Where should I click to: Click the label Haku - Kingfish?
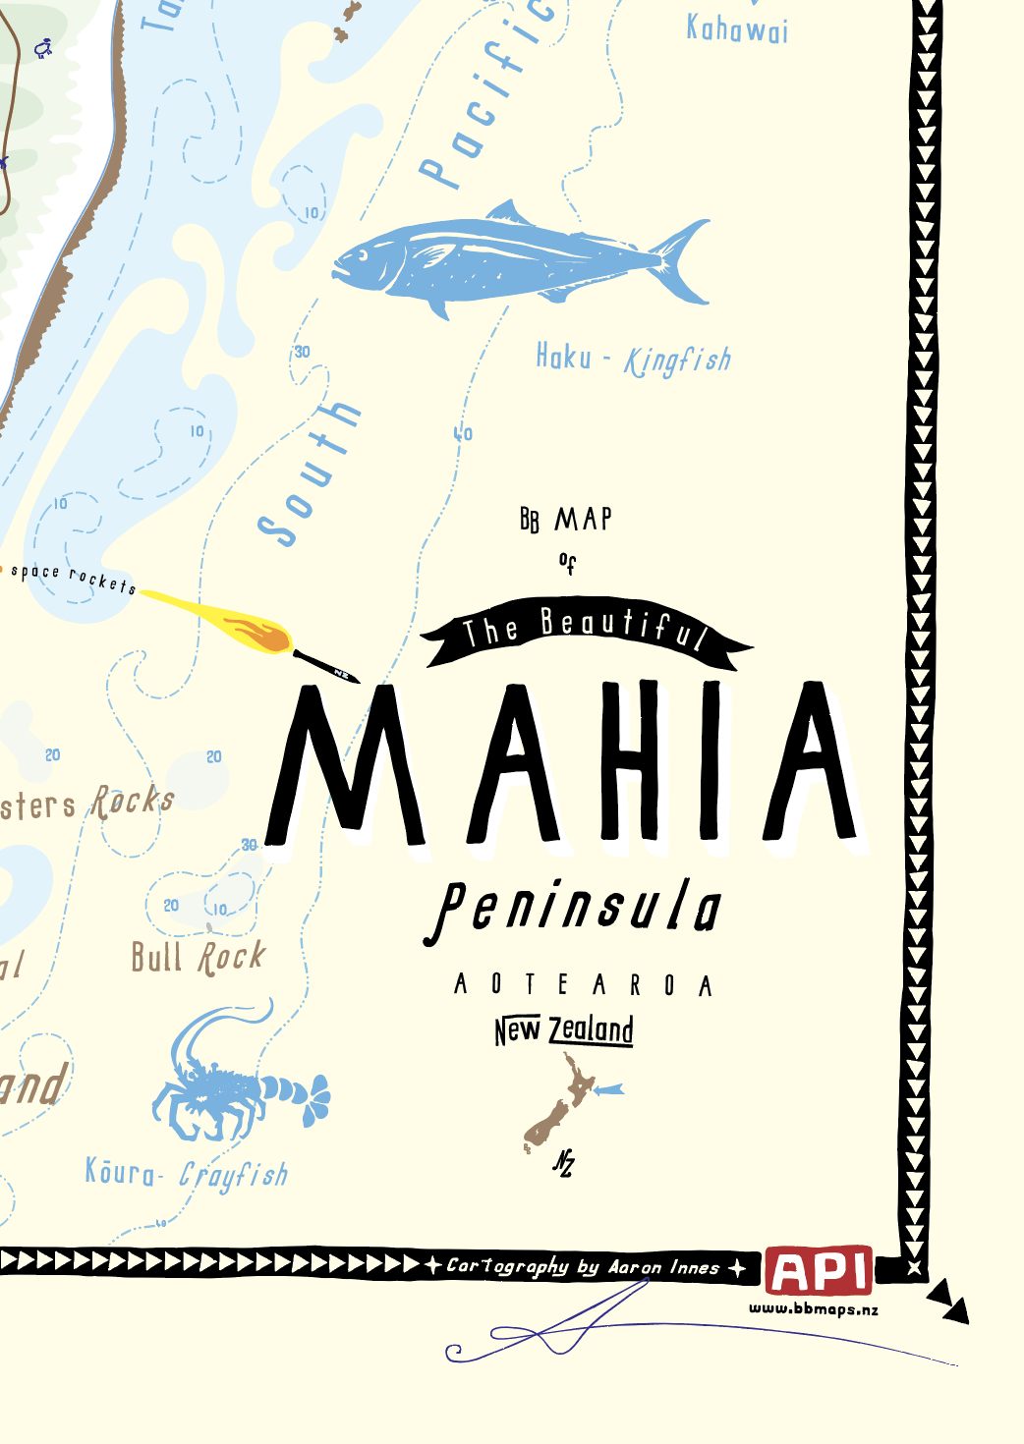(x=633, y=359)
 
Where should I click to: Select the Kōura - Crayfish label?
(x=187, y=1173)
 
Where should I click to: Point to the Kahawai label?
(x=737, y=29)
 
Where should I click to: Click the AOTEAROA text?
(x=583, y=984)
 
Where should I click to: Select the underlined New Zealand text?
(x=564, y=1029)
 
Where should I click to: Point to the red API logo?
(x=819, y=1271)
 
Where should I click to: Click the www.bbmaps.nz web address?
(x=814, y=1309)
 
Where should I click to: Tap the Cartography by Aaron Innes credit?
(x=585, y=1267)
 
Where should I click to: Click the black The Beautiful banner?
(x=586, y=631)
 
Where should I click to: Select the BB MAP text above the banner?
(x=566, y=519)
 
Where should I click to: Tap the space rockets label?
(x=73, y=578)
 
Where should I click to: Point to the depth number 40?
(x=463, y=433)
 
